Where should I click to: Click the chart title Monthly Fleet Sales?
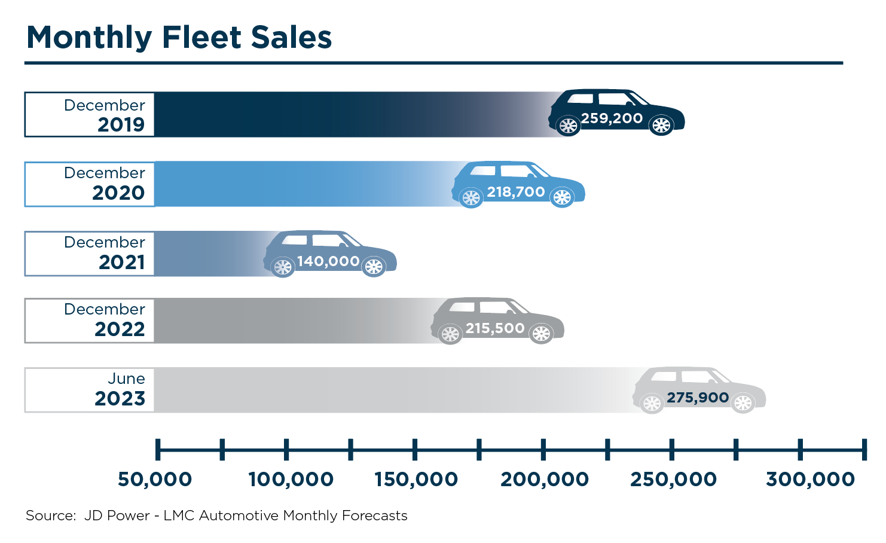[x=179, y=37]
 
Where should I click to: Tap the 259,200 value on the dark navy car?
[x=612, y=118]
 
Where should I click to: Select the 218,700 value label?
[x=515, y=192]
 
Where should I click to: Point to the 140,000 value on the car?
[x=328, y=261]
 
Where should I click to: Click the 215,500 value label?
[x=495, y=328]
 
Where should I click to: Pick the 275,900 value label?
[x=698, y=398]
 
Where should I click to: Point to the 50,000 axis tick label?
[x=155, y=479]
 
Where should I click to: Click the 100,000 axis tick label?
[x=291, y=479]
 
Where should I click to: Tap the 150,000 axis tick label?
[x=416, y=479]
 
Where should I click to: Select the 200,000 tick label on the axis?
[x=545, y=479]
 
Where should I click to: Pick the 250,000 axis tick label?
[x=673, y=479]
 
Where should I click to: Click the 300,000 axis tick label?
[x=810, y=479]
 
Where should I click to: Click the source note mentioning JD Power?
[x=216, y=515]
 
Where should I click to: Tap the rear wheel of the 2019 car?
[x=568, y=126]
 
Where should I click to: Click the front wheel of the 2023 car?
[x=743, y=404]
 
